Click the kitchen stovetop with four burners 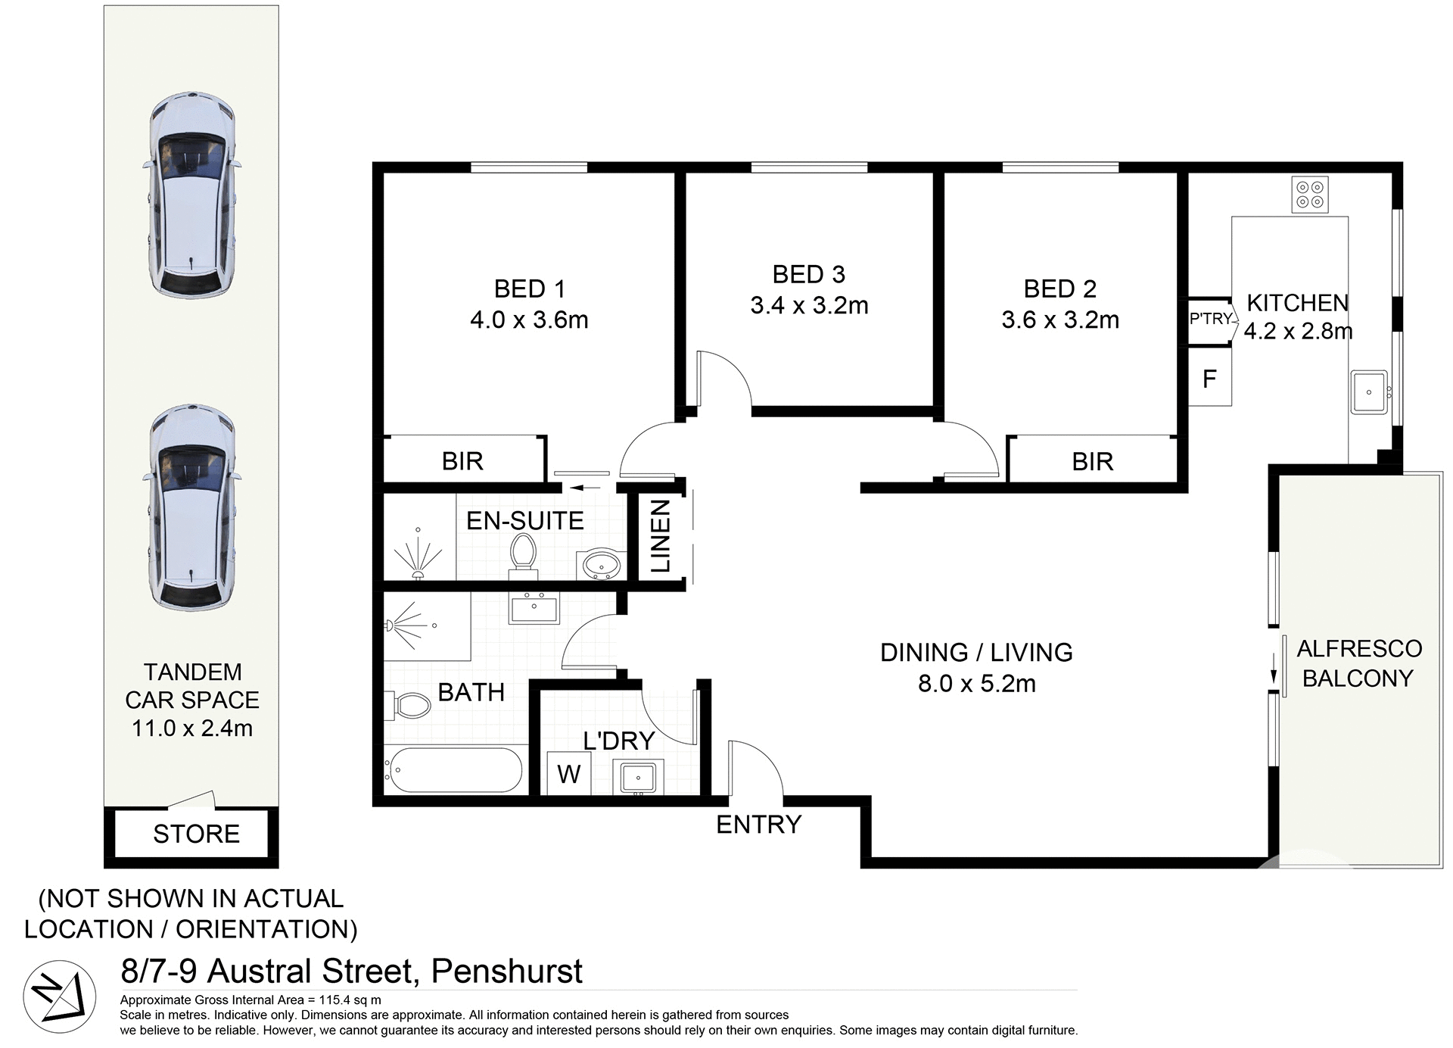coord(1309,195)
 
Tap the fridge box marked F coord(1209,379)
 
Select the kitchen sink coord(1369,392)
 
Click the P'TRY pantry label coord(1211,319)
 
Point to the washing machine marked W coord(568,774)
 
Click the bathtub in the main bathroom coord(453,769)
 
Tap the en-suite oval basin coord(602,564)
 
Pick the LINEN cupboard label coord(660,535)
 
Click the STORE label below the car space coord(196,834)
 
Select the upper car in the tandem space coord(191,195)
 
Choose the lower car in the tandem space coord(191,508)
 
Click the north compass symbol coord(59,997)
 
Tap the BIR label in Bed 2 coord(1092,461)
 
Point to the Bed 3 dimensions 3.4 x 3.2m coord(809,305)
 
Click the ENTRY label coord(758,824)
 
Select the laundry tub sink coord(639,778)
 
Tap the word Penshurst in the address coord(506,971)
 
